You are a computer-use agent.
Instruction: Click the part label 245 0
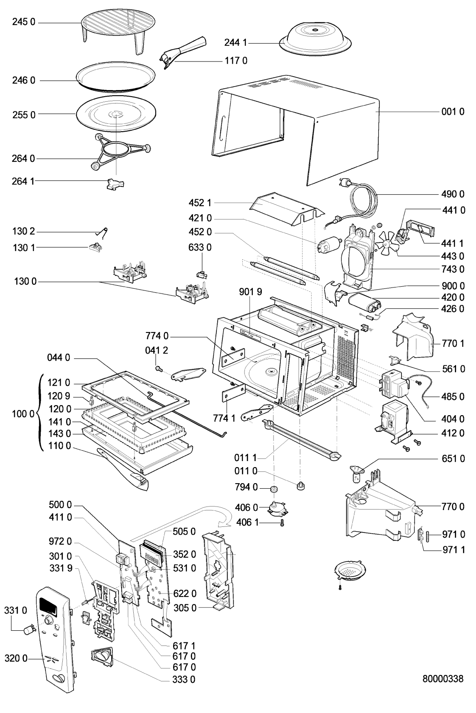pos(23,22)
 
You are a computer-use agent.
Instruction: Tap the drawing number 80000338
pos(442,678)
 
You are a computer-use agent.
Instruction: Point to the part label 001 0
pos(453,112)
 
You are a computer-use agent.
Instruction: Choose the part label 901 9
pos(251,292)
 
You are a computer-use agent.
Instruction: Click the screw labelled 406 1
pos(282,523)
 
